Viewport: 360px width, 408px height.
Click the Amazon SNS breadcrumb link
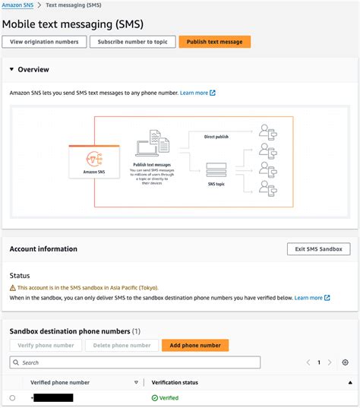click(x=16, y=5)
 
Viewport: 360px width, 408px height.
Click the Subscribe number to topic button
click(x=133, y=42)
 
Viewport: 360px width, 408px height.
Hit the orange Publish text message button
click(x=214, y=42)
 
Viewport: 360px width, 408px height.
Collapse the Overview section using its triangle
click(x=11, y=70)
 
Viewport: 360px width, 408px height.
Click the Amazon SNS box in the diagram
click(x=95, y=162)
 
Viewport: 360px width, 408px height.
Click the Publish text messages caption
click(x=153, y=163)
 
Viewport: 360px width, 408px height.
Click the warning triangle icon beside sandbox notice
click(x=12, y=289)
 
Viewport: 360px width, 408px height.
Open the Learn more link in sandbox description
click(x=308, y=298)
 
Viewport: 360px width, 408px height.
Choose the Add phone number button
click(x=195, y=345)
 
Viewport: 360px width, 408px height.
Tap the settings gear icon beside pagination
click(x=346, y=362)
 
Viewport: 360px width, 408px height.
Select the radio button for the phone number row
click(x=12, y=397)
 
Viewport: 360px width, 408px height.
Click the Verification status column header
click(x=175, y=382)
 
